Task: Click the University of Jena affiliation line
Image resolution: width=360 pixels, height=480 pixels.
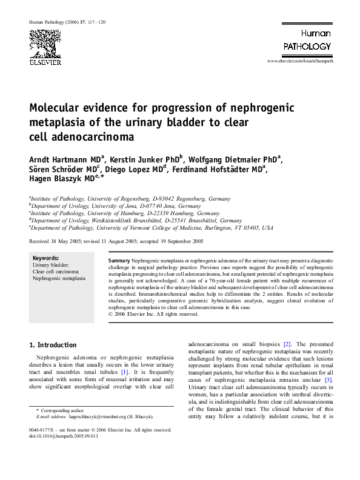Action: [x=116, y=206]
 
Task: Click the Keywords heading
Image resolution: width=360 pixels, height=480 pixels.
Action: [x=45, y=258]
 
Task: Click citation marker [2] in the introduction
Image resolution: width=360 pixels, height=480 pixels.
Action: [x=270, y=344]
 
